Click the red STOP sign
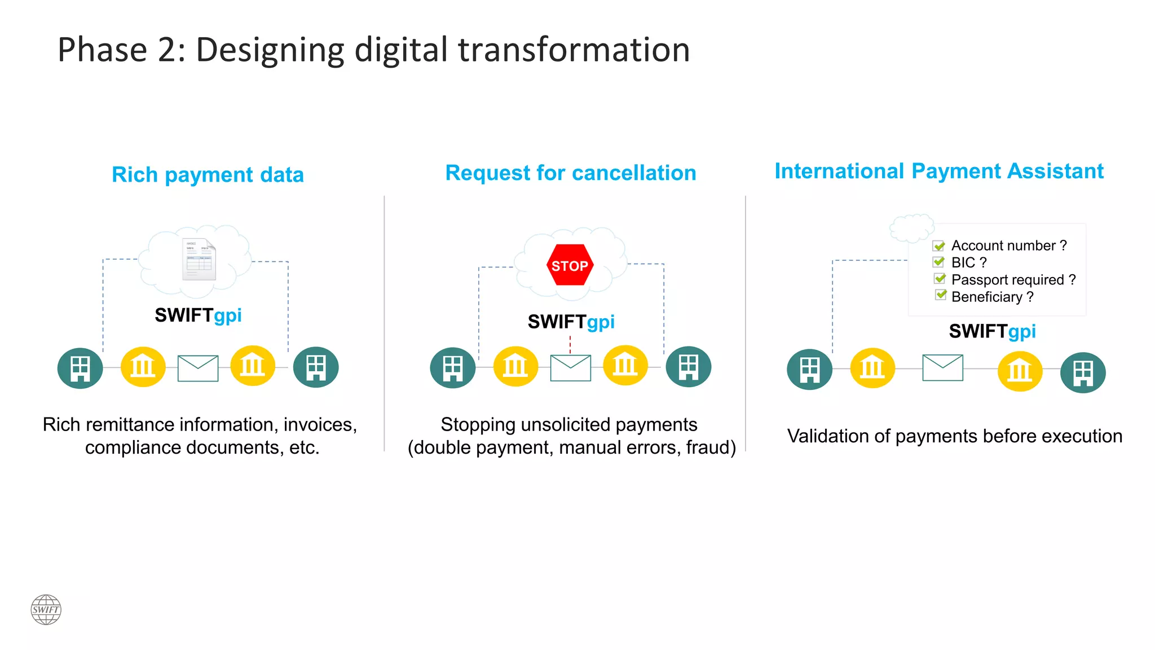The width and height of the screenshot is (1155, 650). (x=570, y=265)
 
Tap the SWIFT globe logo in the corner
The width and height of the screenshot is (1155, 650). (x=46, y=609)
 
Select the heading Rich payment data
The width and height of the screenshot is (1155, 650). (x=208, y=175)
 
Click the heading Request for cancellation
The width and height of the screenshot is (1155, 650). (x=570, y=173)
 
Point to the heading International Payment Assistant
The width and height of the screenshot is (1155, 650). (x=939, y=171)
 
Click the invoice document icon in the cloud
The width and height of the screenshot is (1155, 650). (x=199, y=260)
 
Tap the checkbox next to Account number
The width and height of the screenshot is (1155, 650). (x=939, y=246)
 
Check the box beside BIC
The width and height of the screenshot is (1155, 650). (x=939, y=262)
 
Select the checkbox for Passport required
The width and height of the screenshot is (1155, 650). (x=940, y=279)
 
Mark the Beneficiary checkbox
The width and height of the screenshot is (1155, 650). (x=940, y=295)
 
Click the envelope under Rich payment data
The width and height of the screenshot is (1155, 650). (x=198, y=368)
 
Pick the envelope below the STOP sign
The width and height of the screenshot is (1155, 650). (x=570, y=368)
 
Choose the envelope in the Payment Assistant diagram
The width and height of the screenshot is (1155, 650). (x=942, y=368)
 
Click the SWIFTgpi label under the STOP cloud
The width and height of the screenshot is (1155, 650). (x=571, y=322)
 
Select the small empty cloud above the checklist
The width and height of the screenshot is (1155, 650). (x=911, y=227)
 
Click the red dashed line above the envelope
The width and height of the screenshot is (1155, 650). (x=570, y=345)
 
